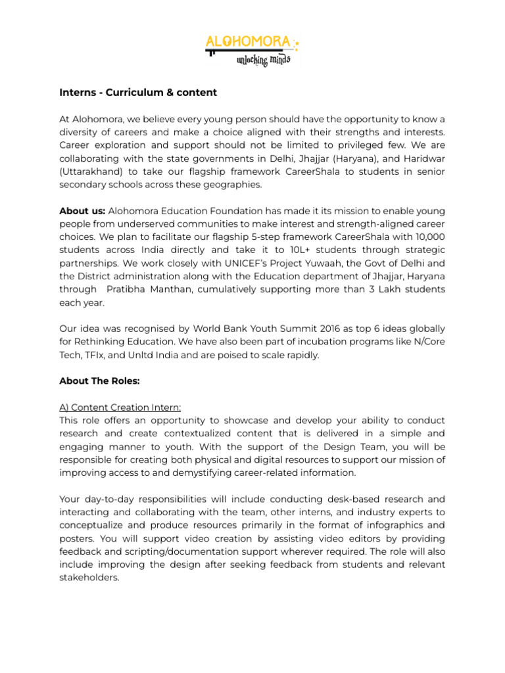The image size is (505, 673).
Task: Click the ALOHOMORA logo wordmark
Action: tap(248, 43)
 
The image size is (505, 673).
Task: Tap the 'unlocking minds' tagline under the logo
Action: tap(263, 60)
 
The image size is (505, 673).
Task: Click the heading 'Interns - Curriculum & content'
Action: tap(138, 93)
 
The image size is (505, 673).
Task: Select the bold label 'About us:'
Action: tap(82, 211)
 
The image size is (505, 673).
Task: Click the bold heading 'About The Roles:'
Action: tap(99, 381)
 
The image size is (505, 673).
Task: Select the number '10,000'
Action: tap(428, 237)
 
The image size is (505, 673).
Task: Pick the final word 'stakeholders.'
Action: tap(89, 578)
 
